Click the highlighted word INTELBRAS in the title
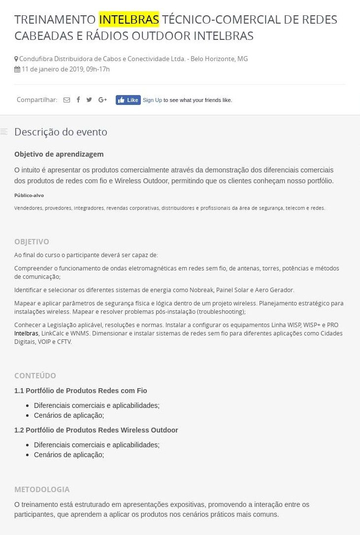[x=129, y=20]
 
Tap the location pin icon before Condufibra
[x=16, y=59]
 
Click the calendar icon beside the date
[x=17, y=69]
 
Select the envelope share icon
[x=66, y=100]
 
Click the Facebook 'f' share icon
[x=78, y=100]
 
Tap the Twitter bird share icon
[x=89, y=100]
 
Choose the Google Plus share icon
[x=102, y=100]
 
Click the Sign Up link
[x=152, y=100]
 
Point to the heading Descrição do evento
[x=61, y=132]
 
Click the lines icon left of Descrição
[x=4, y=132]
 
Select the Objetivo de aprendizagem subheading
[x=59, y=154]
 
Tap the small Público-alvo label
[x=29, y=196]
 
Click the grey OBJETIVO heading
[x=32, y=242]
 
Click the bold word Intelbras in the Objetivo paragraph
[x=26, y=334]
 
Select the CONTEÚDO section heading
[x=35, y=376]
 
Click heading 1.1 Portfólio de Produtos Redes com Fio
[x=81, y=391]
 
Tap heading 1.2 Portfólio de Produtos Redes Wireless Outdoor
[x=96, y=430]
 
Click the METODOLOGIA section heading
[x=42, y=490]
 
